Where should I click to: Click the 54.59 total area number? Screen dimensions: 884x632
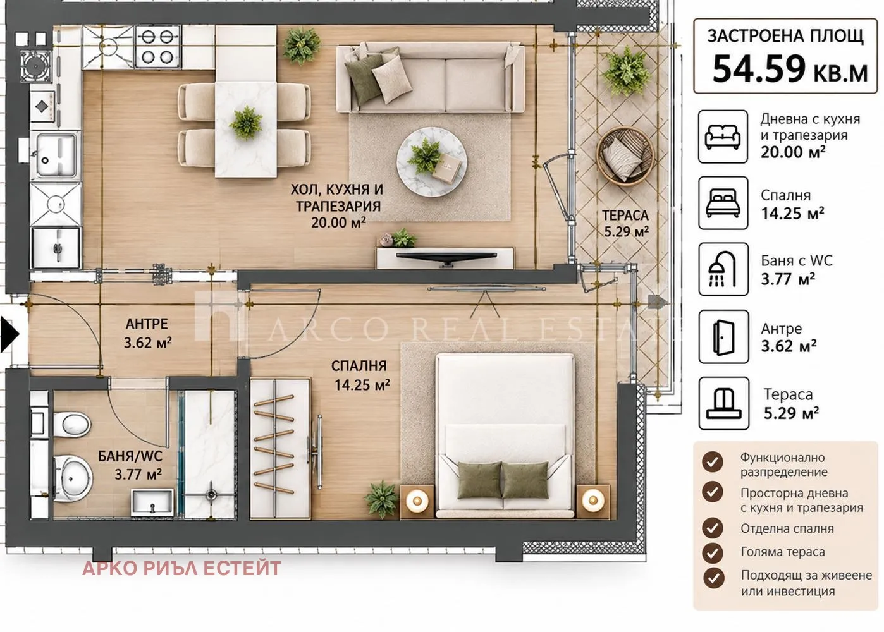click(x=759, y=69)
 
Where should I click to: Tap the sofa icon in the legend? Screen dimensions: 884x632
click(x=723, y=137)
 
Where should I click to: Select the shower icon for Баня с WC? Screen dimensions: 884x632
click(x=723, y=269)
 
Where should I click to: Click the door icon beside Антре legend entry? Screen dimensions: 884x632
click(x=723, y=337)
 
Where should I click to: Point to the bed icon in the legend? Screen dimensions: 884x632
click(x=723, y=203)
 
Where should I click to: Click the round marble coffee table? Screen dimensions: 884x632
click(x=431, y=162)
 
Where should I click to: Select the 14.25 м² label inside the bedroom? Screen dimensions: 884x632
click(x=362, y=385)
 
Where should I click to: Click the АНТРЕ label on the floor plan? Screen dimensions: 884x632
click(x=147, y=324)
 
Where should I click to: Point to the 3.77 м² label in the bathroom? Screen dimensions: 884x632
click(x=138, y=474)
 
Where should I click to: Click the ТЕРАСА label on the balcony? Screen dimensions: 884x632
click(x=625, y=216)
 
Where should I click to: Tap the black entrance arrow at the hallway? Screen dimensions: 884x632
click(x=9, y=334)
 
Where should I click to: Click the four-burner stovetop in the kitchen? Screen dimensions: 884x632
click(x=158, y=47)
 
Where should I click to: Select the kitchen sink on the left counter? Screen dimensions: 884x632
click(x=56, y=155)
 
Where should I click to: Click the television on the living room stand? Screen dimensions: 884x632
click(x=446, y=258)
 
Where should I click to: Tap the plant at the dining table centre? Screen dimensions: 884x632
click(x=246, y=123)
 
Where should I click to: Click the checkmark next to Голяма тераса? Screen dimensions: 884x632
click(x=713, y=553)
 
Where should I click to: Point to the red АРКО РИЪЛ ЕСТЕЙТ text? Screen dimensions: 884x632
click(x=181, y=569)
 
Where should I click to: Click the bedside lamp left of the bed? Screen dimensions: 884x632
click(x=417, y=501)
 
